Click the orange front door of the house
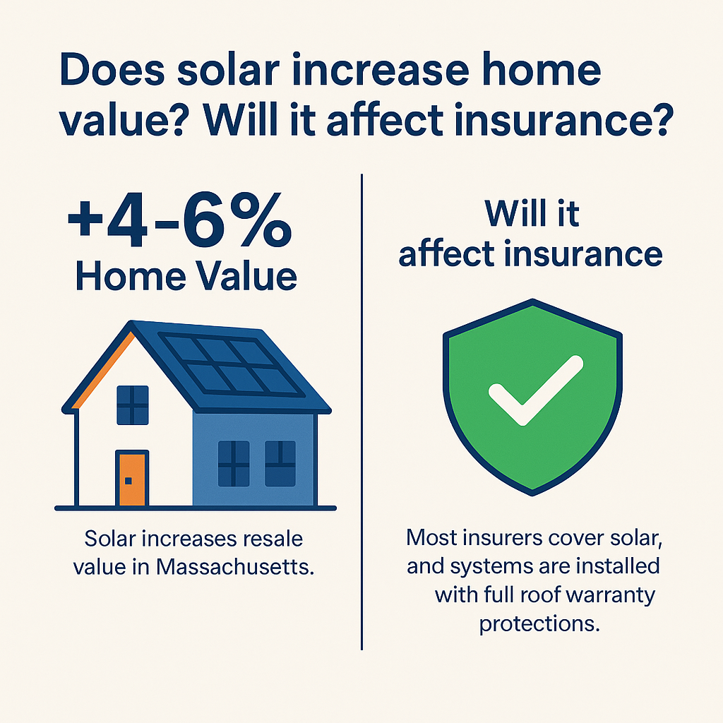[x=132, y=479]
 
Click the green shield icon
[x=532, y=397]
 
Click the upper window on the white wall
[x=133, y=405]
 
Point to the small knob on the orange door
[x=129, y=481]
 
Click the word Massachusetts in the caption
[x=234, y=567]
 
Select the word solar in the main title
[x=228, y=70]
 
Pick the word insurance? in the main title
[x=563, y=120]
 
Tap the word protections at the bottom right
[x=539, y=624]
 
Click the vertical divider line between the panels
[x=362, y=412]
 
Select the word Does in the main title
[x=112, y=69]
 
